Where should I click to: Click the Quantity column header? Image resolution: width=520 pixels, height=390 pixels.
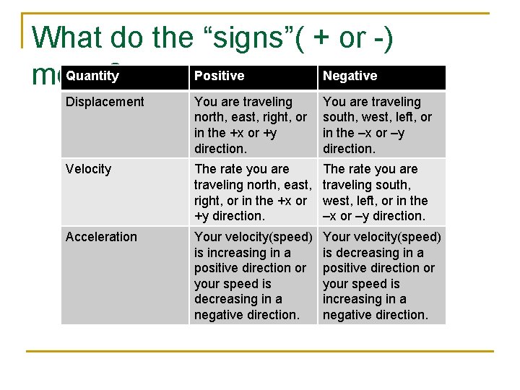pos(92,76)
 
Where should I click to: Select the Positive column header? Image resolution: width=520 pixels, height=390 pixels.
pos(220,76)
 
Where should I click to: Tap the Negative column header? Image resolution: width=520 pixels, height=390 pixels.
pos(350,76)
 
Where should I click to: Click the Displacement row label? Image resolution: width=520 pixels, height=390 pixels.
pos(105,102)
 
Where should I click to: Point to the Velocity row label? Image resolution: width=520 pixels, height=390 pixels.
pos(88,169)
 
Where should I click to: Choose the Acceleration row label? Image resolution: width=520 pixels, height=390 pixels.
pos(101,237)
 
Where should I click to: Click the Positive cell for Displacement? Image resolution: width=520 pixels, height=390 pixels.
pos(251,125)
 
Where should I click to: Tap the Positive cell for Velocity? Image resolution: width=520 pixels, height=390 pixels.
pos(251,192)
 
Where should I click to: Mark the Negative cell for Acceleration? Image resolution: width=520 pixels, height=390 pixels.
pos(381,275)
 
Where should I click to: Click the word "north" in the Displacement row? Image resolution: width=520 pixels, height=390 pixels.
pos(211,118)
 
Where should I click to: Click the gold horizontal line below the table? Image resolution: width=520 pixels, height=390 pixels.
pos(260,352)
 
